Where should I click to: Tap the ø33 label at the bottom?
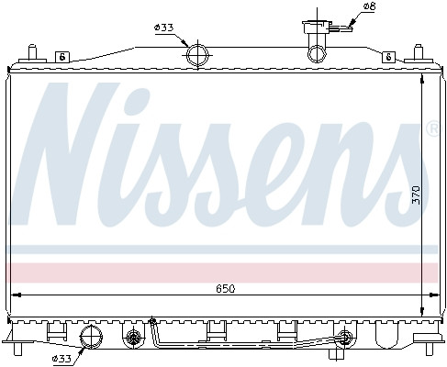[62, 356]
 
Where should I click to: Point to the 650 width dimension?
[226, 288]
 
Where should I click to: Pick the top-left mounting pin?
[32, 52]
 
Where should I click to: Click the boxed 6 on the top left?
[61, 56]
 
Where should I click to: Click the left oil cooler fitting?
[134, 337]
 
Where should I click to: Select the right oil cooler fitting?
[344, 336]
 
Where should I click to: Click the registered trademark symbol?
[433, 129]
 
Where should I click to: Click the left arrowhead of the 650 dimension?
[15, 294]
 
